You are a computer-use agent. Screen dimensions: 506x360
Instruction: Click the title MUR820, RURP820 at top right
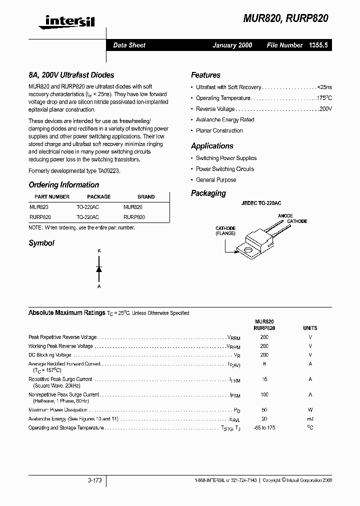coord(285,18)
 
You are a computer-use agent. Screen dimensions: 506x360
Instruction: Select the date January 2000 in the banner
coord(232,45)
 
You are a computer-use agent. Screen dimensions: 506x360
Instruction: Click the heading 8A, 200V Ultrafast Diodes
coord(71,75)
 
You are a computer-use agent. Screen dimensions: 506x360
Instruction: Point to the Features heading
coord(205,75)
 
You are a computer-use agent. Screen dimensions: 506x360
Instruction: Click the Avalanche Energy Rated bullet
coord(225,120)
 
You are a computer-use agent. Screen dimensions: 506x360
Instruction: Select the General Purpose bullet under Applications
coord(216,180)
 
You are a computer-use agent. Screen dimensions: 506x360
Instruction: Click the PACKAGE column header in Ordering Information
coord(98,196)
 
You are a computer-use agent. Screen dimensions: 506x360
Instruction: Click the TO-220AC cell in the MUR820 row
coord(87,207)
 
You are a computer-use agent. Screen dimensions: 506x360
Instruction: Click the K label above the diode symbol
coord(99,250)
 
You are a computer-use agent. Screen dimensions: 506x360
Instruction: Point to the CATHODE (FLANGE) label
coord(225,231)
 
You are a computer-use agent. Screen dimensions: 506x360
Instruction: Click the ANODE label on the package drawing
coord(285,216)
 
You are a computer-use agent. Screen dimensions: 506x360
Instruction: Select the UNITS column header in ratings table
coord(310,328)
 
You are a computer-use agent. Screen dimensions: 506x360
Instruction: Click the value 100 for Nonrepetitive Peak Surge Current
coord(264,395)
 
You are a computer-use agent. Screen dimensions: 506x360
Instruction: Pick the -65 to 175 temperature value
coord(264,428)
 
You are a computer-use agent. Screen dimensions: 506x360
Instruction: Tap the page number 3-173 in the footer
coord(94,480)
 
